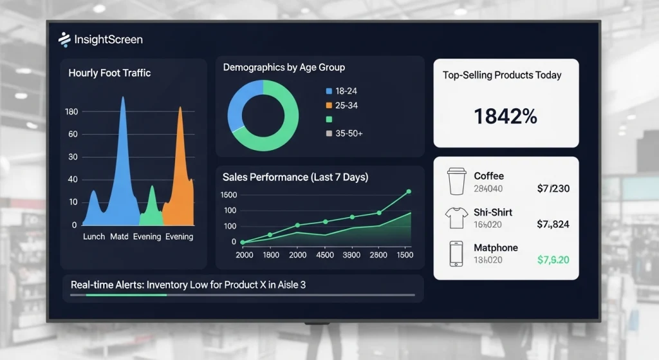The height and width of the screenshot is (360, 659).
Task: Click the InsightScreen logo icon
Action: [64, 39]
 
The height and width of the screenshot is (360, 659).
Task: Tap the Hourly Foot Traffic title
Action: [109, 73]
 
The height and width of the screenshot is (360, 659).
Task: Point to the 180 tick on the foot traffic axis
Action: [71, 112]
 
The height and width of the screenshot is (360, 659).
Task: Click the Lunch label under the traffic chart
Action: [94, 236]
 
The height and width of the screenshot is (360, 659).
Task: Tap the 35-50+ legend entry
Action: [344, 133]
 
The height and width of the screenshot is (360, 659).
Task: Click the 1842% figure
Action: [505, 116]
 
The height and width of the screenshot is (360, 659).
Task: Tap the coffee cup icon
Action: [456, 182]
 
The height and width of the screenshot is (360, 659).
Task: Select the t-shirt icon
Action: [456, 218]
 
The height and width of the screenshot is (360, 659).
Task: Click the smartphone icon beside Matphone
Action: [456, 254]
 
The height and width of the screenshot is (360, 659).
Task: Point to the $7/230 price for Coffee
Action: [553, 189]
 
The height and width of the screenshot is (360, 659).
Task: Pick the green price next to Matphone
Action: [553, 260]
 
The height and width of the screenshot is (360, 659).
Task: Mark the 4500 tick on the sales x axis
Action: [324, 255]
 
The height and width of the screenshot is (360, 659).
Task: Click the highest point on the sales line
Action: [409, 191]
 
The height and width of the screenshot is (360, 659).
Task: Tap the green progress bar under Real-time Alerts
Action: [126, 295]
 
